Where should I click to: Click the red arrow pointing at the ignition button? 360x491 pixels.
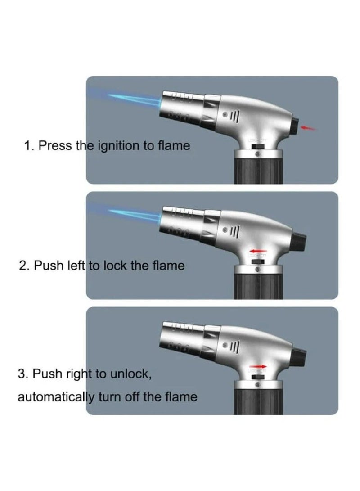click(308, 129)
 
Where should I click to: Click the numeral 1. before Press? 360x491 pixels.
click(29, 145)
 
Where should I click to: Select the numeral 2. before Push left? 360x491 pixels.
click(24, 266)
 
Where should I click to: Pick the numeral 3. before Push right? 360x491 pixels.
click(24, 374)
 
